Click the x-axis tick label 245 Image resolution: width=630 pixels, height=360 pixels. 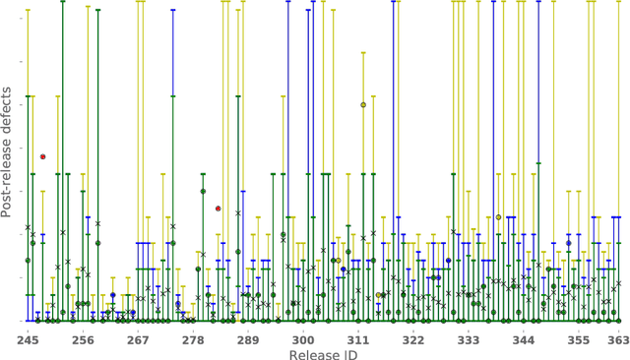pos(28,340)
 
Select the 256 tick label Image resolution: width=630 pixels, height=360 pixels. pos(83,340)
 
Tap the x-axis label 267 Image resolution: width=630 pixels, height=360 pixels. pos(138,340)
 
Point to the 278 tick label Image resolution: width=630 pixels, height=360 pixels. pos(193,340)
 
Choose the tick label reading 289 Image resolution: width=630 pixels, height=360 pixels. pos(248,340)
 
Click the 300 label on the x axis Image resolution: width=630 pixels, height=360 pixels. pos(303,340)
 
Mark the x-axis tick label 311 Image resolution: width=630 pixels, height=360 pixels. pos(358,340)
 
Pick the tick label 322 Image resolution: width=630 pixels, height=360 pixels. pos(413,340)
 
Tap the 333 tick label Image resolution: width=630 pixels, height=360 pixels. pos(469,340)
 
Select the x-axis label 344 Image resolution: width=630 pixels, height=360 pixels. pos(524,340)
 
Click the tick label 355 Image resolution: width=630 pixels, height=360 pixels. pos(579,340)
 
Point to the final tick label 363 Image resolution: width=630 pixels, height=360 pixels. pos(618,340)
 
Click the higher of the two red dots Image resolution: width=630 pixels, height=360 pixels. pos(42,156)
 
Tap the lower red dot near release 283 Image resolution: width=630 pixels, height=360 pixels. pos(218,209)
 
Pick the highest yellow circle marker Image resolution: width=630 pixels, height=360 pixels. pos(363,104)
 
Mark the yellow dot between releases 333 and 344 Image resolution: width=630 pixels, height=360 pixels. pos(498,217)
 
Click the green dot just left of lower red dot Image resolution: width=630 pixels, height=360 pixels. pos(203,192)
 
